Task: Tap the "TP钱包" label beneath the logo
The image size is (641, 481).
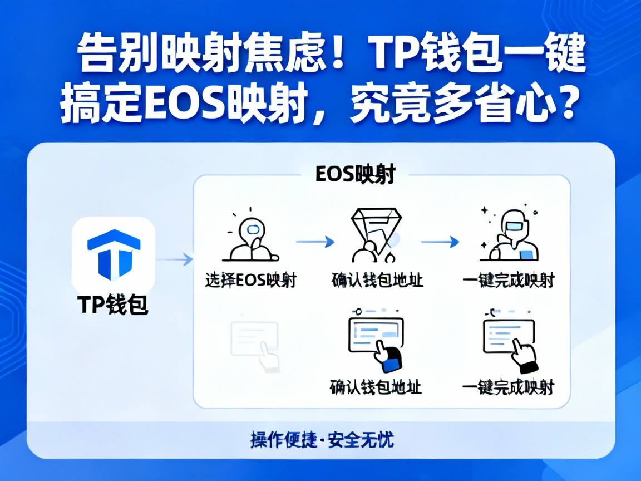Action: pos(113,306)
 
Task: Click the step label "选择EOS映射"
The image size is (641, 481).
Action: pos(250,280)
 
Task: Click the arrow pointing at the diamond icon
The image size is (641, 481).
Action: pos(315,242)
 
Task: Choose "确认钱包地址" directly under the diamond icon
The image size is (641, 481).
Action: pos(377,280)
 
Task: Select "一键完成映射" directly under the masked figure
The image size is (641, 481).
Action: pos(508,280)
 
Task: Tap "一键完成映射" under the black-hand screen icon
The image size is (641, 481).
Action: pos(508,387)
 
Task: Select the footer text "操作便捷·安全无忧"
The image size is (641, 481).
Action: pos(321,440)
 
